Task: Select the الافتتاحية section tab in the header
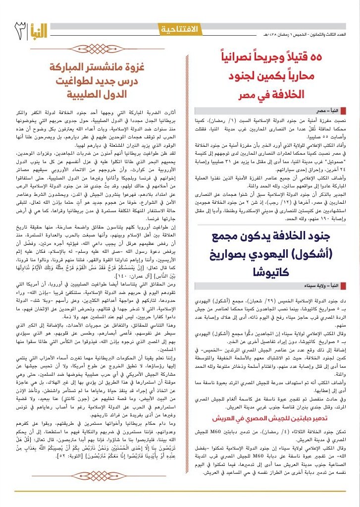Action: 179,30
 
